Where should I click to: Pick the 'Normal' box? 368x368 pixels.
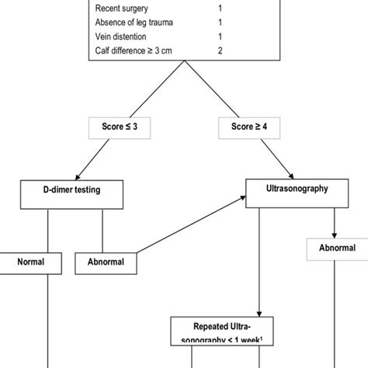click(x=31, y=262)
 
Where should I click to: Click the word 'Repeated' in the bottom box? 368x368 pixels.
click(x=200, y=325)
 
